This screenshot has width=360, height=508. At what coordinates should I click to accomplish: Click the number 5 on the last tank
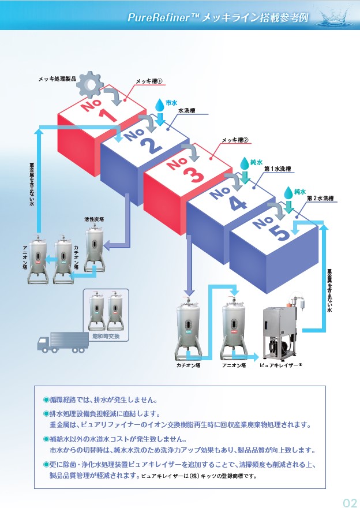pos(278,231)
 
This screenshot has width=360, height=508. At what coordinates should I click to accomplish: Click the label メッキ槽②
pos(235,140)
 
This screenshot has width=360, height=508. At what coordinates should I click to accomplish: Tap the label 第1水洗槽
pos(278,169)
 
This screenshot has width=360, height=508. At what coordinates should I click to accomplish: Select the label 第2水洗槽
pos(320,198)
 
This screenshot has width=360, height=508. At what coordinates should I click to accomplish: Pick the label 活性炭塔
pos(93,219)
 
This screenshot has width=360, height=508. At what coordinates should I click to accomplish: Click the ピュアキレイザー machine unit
pos(281,331)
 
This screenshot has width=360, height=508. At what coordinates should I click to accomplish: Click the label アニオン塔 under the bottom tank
pos(234,365)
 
